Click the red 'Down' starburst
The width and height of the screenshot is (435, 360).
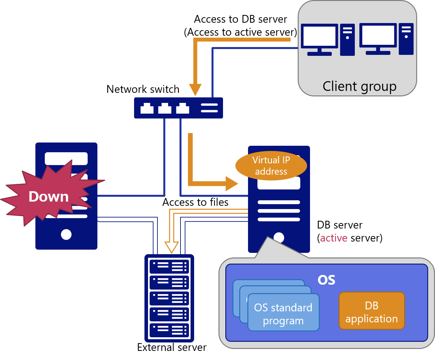[49, 197]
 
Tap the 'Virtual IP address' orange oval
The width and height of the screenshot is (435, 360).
[271, 166]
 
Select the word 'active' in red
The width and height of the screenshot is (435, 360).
[333, 238]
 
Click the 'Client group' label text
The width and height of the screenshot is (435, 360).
[359, 86]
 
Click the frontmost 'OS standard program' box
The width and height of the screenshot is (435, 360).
[283, 314]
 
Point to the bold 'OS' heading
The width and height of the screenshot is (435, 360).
[326, 280]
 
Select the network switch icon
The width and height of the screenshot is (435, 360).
[178, 108]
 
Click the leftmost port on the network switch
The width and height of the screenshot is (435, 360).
[147, 108]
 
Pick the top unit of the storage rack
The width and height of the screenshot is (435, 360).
[169, 267]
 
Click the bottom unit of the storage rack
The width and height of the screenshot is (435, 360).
[169, 330]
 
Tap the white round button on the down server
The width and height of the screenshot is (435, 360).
[66, 234]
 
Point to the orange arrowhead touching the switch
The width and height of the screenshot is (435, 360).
[195, 90]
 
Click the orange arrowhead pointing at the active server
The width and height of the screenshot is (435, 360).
[232, 184]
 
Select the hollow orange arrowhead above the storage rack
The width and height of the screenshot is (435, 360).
[172, 247]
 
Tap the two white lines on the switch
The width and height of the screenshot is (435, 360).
[209, 108]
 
